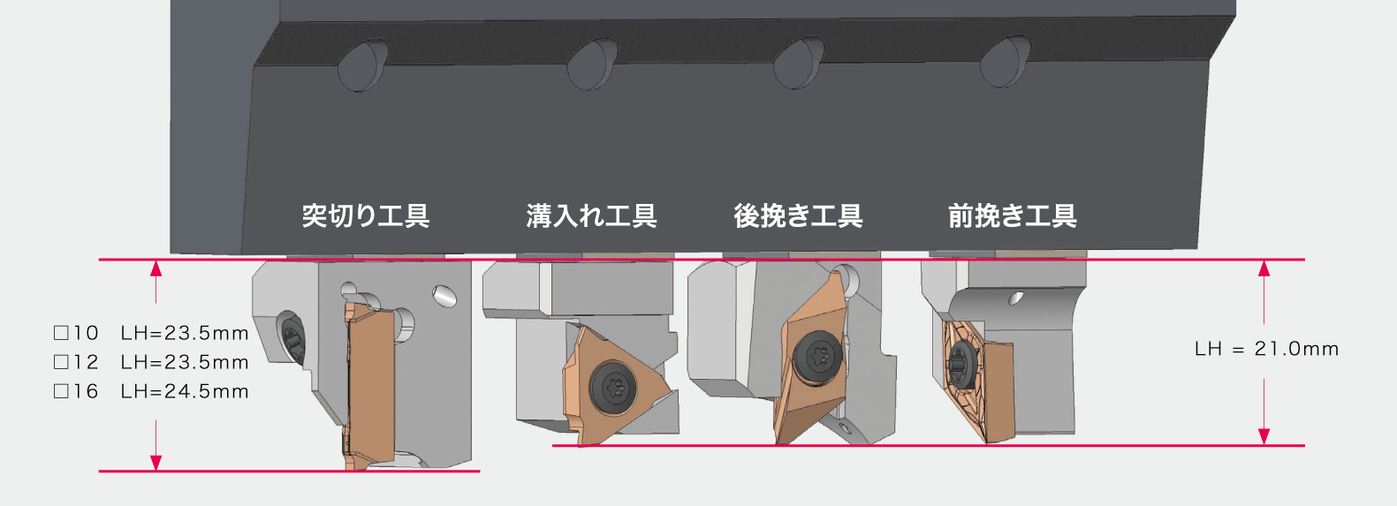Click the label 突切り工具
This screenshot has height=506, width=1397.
click(365, 215)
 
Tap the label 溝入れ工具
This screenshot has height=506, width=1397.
click(591, 215)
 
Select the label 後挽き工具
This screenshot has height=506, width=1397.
click(798, 215)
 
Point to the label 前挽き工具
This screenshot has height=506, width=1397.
click(1012, 215)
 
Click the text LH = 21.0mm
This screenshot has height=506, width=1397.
click(1266, 349)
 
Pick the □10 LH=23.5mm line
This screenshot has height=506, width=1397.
click(151, 333)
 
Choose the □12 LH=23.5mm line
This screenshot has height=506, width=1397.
click(151, 362)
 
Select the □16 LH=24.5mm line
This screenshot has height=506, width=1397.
click(151, 391)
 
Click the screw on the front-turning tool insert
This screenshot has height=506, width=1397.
click(960, 364)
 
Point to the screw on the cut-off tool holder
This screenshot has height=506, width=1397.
click(292, 337)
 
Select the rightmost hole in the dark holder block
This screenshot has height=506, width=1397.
click(1005, 61)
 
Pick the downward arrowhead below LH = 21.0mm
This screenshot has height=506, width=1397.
click(1264, 436)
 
